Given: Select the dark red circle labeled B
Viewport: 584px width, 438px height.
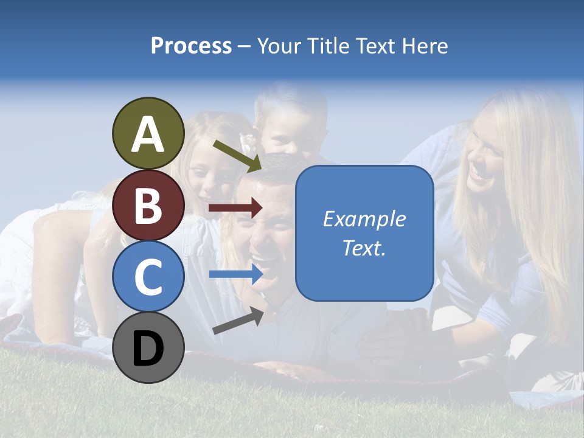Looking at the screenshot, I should (148, 205).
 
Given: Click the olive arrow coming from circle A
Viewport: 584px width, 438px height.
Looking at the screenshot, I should (237, 155).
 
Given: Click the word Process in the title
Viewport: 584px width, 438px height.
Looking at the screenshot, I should (191, 46).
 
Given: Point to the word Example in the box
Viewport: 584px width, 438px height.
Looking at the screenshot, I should (364, 219).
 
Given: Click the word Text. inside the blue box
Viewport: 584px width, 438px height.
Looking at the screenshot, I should (364, 248).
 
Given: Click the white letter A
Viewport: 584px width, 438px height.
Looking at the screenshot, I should (148, 135).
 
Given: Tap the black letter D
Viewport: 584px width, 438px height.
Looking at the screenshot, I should (148, 350).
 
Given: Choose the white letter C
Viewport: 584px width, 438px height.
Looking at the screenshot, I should (148, 277).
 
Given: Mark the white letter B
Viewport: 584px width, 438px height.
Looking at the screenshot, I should (148, 206).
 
